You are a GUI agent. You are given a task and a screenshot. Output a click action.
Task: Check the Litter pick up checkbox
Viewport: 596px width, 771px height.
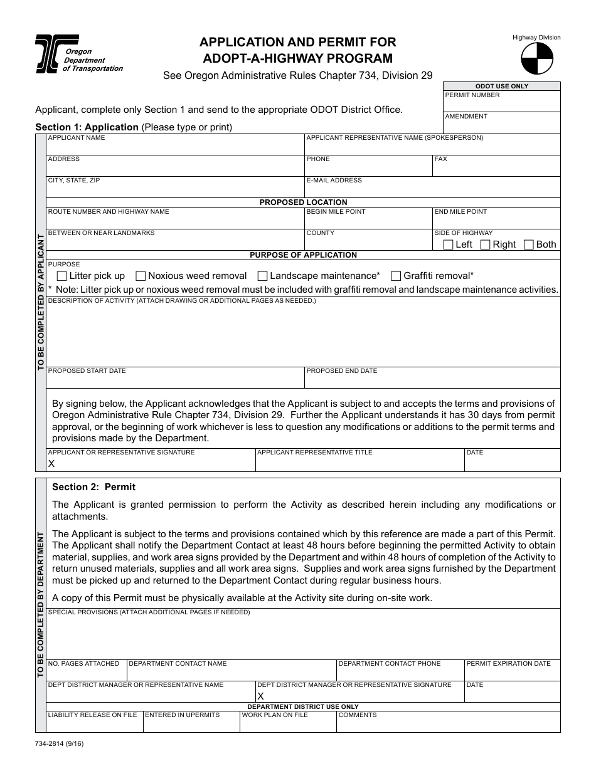(61, 276)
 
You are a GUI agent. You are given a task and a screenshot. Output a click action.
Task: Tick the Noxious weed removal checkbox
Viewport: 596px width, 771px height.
(141, 276)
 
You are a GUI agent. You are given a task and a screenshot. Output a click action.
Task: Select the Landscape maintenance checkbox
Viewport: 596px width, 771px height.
(263, 276)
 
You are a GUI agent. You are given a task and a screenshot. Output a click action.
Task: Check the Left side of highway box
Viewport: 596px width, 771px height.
(448, 244)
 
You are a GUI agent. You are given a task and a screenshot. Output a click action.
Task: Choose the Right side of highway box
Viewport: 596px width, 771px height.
(485, 244)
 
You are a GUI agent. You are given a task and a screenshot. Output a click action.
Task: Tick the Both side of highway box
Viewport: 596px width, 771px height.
(528, 244)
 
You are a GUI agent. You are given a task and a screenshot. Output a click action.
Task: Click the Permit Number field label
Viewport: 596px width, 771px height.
(472, 95)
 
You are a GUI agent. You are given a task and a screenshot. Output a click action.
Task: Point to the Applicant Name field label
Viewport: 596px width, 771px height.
(77, 137)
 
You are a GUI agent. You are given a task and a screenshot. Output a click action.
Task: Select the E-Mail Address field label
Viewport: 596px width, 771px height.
(334, 180)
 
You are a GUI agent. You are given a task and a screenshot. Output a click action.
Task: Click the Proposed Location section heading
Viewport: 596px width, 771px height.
(303, 202)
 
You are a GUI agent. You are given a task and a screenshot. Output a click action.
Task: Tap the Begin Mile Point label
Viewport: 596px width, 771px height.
(336, 211)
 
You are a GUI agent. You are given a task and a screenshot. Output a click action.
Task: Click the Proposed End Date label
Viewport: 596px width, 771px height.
(341, 370)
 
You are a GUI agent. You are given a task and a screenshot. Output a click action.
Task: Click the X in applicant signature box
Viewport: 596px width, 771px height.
(51, 464)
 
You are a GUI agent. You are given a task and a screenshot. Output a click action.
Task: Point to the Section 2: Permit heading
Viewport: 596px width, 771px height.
(93, 487)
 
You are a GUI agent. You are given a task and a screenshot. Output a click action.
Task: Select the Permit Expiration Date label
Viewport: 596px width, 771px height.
(508, 663)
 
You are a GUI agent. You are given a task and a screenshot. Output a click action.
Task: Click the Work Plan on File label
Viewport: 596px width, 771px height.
(275, 715)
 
